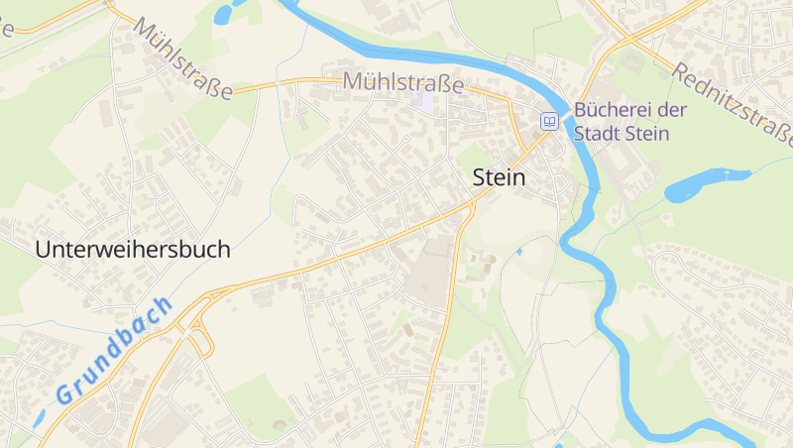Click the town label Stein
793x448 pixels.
(x=500, y=177)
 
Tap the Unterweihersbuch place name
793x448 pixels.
(x=132, y=250)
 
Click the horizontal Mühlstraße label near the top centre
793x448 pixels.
(x=403, y=83)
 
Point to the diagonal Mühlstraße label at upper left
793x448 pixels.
(x=183, y=58)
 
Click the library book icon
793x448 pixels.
(x=548, y=122)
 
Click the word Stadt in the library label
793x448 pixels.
(x=602, y=133)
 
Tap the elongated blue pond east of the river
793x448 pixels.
(x=706, y=184)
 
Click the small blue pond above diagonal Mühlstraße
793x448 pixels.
(x=224, y=13)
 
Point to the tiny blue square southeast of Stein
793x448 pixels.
(x=518, y=252)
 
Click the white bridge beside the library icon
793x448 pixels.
(x=569, y=121)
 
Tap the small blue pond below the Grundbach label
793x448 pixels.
(x=40, y=417)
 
